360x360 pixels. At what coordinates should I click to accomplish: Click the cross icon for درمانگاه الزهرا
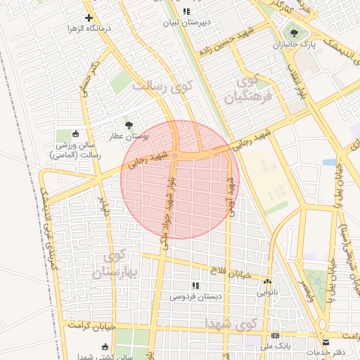click(88, 18)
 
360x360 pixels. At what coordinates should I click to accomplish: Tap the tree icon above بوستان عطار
click(127, 124)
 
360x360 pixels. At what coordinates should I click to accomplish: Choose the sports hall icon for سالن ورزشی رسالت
click(76, 134)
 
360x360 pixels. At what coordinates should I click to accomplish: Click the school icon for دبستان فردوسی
click(195, 285)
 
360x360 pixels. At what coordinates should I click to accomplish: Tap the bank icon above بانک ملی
click(276, 335)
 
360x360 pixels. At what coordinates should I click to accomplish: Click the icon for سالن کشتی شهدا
click(105, 347)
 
